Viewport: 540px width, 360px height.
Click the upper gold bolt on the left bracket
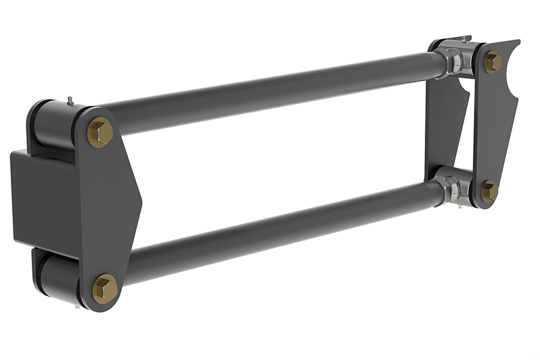pyautogui.click(x=100, y=132)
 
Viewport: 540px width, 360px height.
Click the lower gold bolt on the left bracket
pyautogui.click(x=105, y=288)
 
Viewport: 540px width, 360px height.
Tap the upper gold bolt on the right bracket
pyautogui.click(x=493, y=62)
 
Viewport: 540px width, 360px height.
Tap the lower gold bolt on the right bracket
pyautogui.click(x=490, y=191)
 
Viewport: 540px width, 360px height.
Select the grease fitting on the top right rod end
pyautogui.click(x=464, y=39)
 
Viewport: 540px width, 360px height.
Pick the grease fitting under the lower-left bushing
pyautogui.click(x=77, y=307)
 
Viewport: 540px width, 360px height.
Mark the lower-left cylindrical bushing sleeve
pyautogui.click(x=57, y=276)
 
